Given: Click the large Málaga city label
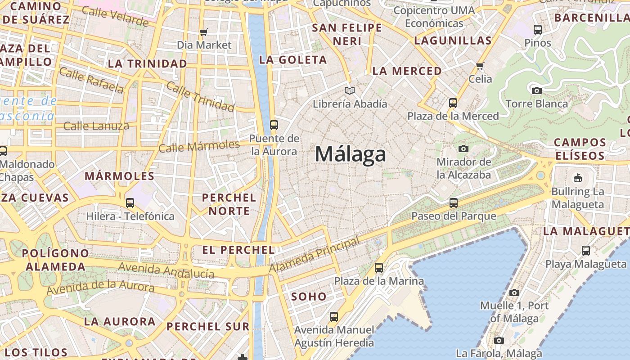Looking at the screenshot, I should pyautogui.click(x=350, y=154).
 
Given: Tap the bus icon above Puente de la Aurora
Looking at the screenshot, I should pyautogui.click(x=274, y=125).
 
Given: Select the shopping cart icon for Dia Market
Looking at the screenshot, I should pyautogui.click(x=204, y=32).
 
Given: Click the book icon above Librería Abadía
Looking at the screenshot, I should pyautogui.click(x=350, y=91).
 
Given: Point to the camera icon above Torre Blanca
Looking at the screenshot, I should pyautogui.click(x=536, y=90).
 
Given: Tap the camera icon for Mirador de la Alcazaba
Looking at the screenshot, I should pyautogui.click(x=463, y=148).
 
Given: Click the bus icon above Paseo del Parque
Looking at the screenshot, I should pyautogui.click(x=453, y=202).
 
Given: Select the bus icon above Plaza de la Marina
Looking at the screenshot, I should pyautogui.click(x=379, y=268).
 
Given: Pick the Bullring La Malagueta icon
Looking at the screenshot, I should pyautogui.click(x=577, y=178).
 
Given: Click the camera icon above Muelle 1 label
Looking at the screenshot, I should pyautogui.click(x=514, y=292).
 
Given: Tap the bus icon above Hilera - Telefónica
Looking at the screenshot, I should pyautogui.click(x=130, y=202).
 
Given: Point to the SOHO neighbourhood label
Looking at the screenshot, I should pyautogui.click(x=309, y=297).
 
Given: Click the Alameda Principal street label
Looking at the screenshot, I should pyautogui.click(x=315, y=255).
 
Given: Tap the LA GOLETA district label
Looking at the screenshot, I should pyautogui.click(x=293, y=60).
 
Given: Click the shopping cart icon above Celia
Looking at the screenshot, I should pyautogui.click(x=480, y=66).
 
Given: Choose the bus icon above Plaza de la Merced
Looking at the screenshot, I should pyautogui.click(x=453, y=103).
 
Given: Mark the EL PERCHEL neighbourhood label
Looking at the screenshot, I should pyautogui.click(x=238, y=250).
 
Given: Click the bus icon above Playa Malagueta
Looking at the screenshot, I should pyautogui.click(x=585, y=251).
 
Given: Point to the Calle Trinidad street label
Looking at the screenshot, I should pyautogui.click(x=200, y=96).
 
